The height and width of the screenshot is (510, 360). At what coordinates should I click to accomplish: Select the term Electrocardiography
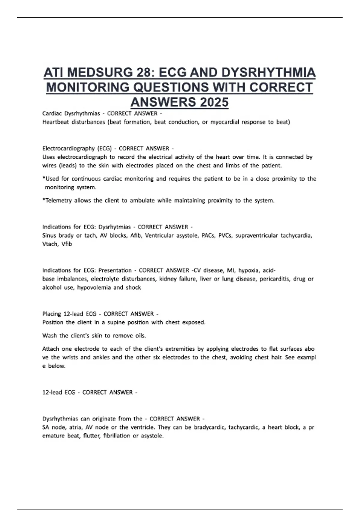[x=68, y=148]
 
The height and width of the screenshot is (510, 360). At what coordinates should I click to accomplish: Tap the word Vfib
[x=67, y=244]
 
